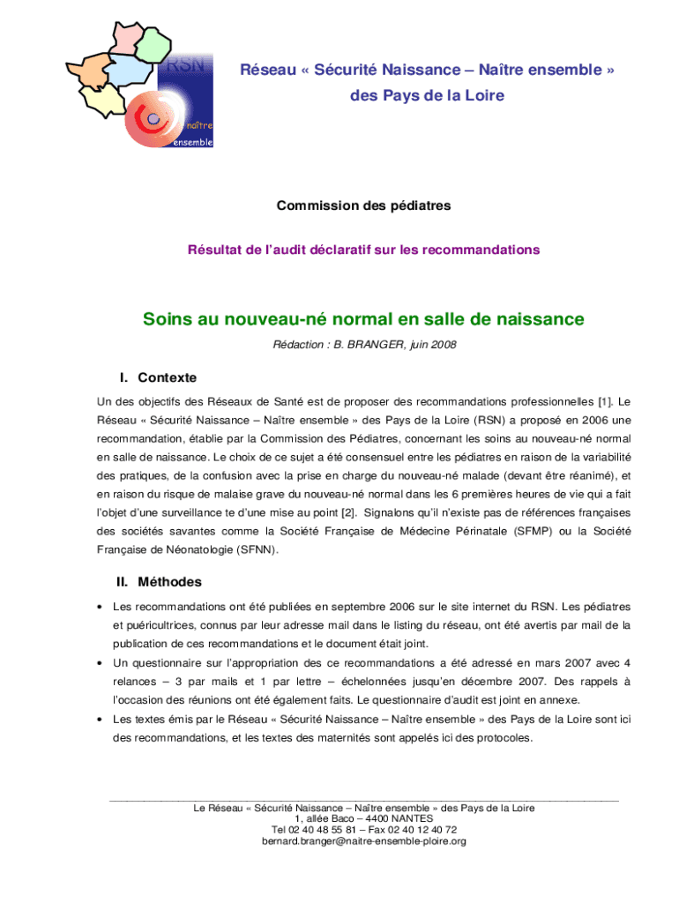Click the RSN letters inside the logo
183,64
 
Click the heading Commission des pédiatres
363,205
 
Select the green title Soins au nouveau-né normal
363,318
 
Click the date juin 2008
431,345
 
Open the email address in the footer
363,840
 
